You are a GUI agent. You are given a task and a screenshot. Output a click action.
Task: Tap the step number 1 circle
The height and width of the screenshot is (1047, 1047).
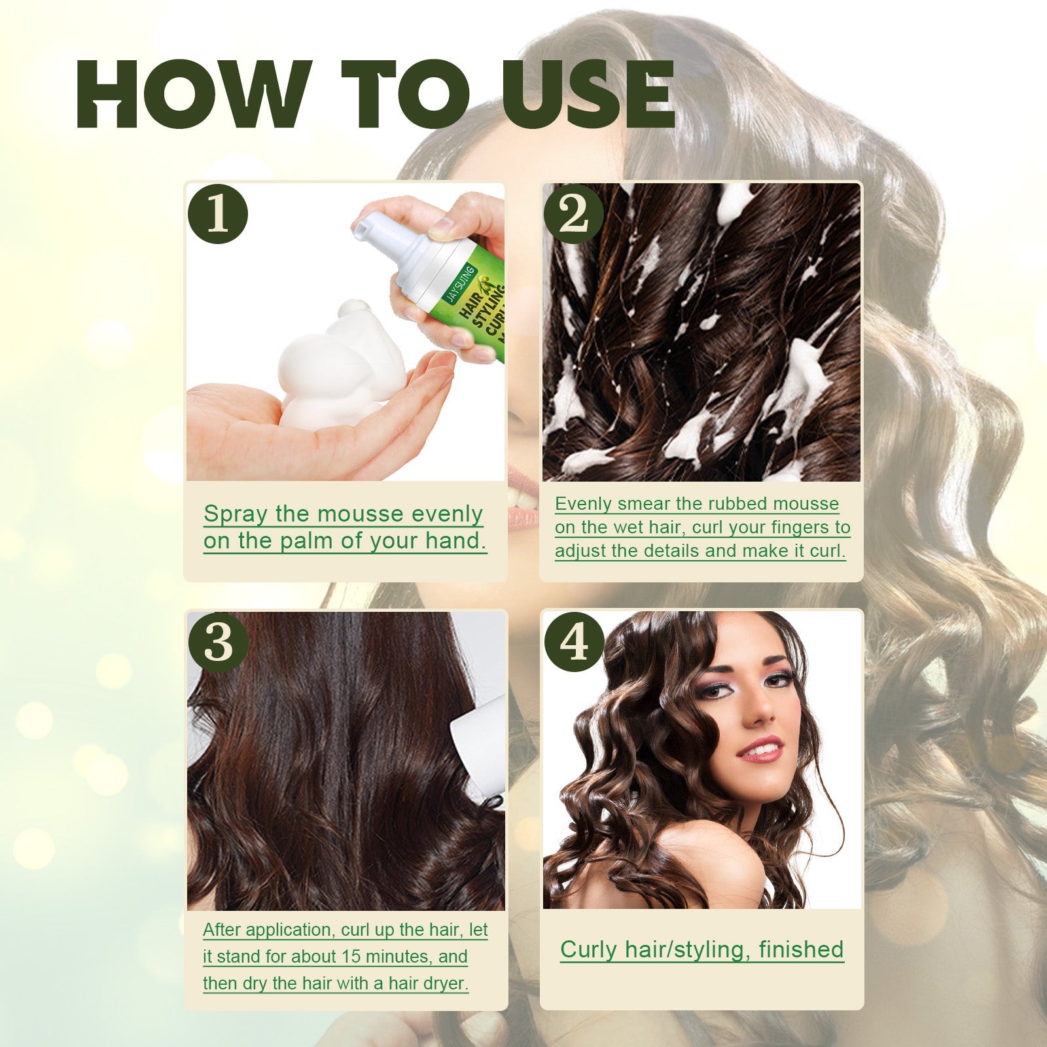218,214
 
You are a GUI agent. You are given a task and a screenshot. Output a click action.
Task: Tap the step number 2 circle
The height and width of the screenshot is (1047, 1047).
574,214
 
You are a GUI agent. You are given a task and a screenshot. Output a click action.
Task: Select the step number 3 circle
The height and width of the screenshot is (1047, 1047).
218,643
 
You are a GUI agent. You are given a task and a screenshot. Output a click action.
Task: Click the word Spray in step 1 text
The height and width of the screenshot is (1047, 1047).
236,514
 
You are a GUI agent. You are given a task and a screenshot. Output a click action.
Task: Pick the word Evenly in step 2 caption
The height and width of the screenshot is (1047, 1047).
583,504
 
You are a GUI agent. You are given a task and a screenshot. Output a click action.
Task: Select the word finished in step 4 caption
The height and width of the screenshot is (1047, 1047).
801,949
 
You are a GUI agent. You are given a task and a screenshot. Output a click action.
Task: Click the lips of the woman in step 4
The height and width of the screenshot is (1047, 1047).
760,749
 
